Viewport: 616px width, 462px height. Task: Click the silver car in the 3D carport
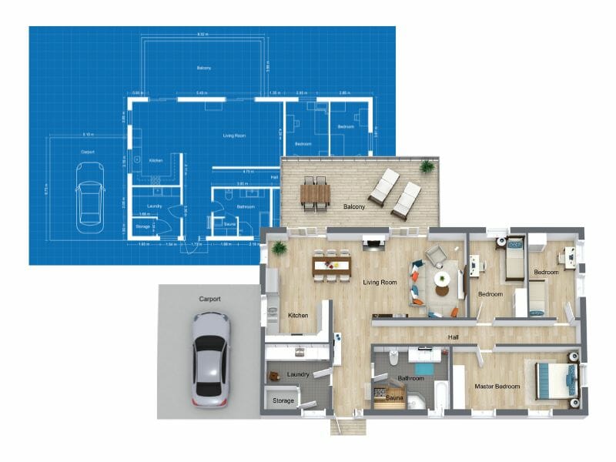pyautogui.click(x=210, y=358)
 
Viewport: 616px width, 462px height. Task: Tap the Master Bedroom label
pyautogui.click(x=497, y=386)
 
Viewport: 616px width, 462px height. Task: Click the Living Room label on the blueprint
pyautogui.click(x=234, y=136)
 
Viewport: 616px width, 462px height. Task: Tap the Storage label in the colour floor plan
pyautogui.click(x=284, y=400)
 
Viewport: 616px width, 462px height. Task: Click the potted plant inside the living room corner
pyautogui.click(x=276, y=248)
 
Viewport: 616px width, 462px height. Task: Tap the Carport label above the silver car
pyautogui.click(x=209, y=298)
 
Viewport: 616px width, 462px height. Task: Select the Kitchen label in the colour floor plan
pyautogui.click(x=298, y=316)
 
